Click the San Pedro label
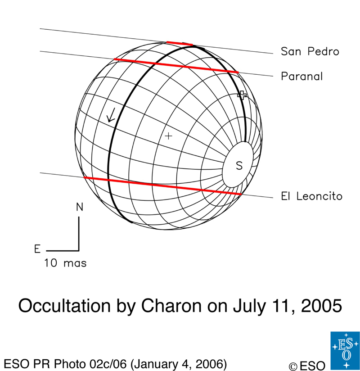(310, 51)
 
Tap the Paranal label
(301, 76)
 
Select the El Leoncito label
(311, 196)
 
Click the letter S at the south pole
(239, 165)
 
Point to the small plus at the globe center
(168, 136)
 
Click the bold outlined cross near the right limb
(242, 95)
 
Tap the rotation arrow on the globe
(111, 115)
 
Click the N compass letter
(80, 207)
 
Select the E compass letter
(37, 249)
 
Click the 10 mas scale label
(66, 263)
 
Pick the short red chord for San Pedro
(180, 44)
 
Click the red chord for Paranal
(176, 66)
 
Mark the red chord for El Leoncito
(163, 186)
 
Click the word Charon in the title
(171, 306)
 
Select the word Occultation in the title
(64, 306)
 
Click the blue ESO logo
(345, 351)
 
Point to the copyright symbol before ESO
(293, 366)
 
